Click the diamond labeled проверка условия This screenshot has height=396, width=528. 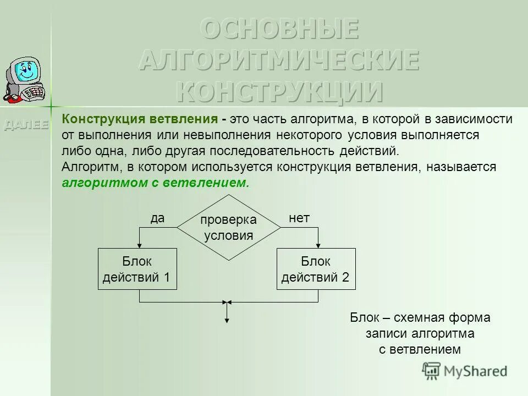pyautogui.click(x=228, y=228)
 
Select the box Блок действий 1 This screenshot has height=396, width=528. pyautogui.click(x=137, y=269)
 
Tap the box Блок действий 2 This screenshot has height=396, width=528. pyautogui.click(x=316, y=269)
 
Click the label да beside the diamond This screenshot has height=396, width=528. pyautogui.click(x=157, y=218)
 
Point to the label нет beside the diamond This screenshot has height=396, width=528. pyautogui.click(x=299, y=218)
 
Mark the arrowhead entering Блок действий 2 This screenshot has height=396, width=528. pyautogui.click(x=318, y=245)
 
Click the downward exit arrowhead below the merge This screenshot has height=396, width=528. pyautogui.click(x=227, y=320)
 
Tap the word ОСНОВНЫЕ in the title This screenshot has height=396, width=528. pyautogui.click(x=279, y=29)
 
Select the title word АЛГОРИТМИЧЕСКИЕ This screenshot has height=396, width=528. pyautogui.click(x=279, y=60)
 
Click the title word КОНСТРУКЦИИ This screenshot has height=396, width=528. pyautogui.click(x=279, y=91)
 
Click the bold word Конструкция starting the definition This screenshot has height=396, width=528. pyautogui.click(x=101, y=120)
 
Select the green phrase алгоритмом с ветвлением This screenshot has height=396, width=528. pyautogui.click(x=156, y=183)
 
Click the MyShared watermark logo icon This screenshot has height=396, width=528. pyautogui.click(x=432, y=371)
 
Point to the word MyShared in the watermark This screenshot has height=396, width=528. pyautogui.click(x=475, y=371)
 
